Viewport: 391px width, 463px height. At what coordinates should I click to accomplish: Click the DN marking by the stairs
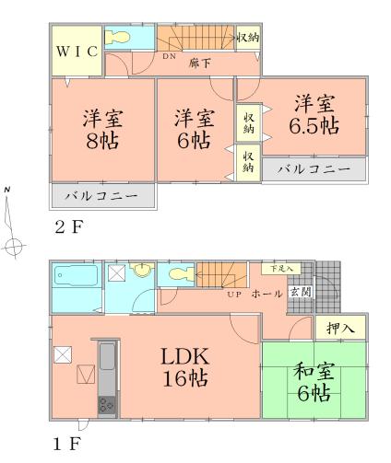(170, 57)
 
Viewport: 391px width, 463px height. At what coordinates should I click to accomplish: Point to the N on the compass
(8, 191)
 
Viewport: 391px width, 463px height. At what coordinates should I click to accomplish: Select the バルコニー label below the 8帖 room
(102, 195)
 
